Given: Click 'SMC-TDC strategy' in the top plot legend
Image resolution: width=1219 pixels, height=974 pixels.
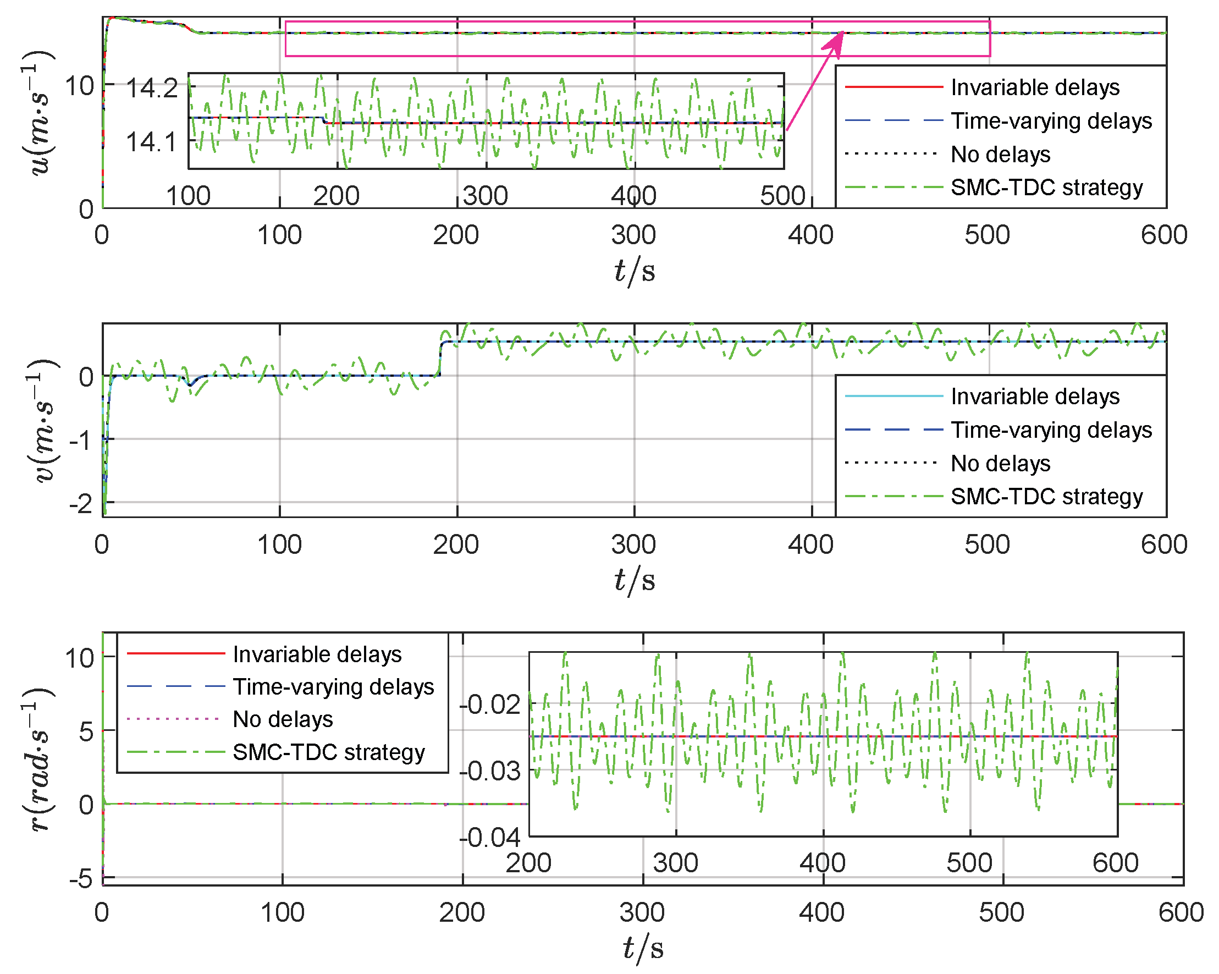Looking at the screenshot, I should (1046, 187).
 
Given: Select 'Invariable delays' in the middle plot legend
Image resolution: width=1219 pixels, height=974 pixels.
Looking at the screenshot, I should (1034, 396).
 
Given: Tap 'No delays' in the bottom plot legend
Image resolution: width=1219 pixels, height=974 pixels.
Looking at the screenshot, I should (283, 719).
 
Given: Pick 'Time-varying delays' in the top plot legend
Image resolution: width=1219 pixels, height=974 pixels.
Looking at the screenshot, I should (1051, 120).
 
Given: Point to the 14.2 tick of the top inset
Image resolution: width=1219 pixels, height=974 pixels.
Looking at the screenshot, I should (152, 88).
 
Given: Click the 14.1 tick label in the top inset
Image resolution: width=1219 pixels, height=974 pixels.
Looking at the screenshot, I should (152, 141).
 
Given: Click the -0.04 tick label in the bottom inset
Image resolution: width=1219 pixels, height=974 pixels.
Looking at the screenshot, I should (490, 837).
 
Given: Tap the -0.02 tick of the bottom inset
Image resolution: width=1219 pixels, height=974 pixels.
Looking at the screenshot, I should (490, 705).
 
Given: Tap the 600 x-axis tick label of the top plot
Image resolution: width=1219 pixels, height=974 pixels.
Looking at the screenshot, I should (1163, 235).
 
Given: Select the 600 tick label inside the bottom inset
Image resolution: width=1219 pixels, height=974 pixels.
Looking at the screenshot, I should (1115, 863).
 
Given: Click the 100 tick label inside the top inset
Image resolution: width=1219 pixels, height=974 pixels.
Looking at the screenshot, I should (188, 196).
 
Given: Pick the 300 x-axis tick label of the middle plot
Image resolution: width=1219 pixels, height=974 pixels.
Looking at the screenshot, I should (633, 544).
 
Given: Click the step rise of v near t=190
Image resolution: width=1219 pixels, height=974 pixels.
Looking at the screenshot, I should (440, 357).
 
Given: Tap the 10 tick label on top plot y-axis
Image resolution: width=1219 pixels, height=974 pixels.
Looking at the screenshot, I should (79, 86).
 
